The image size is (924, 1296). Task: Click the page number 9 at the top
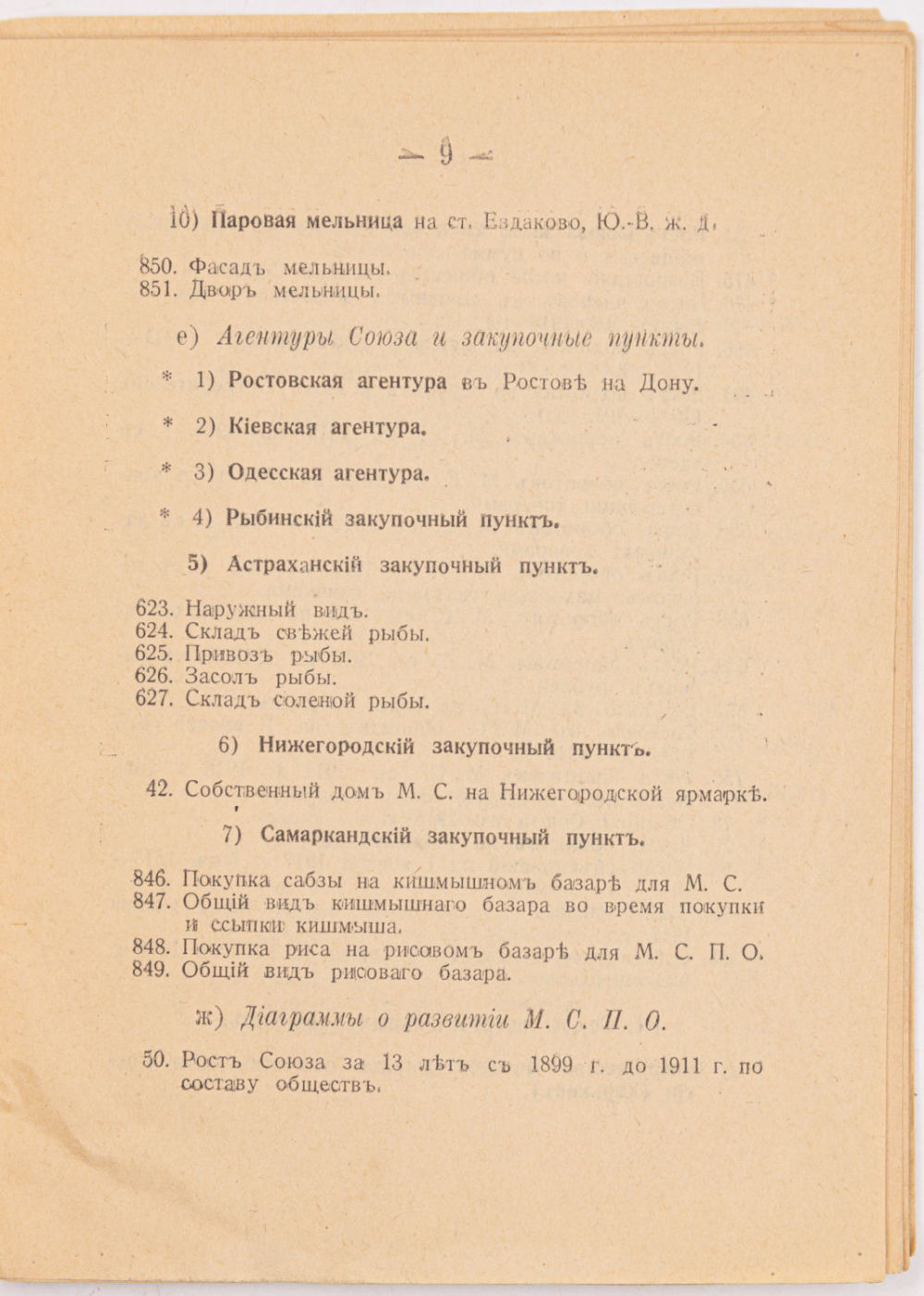coord(446,152)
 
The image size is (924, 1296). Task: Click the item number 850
coord(157,266)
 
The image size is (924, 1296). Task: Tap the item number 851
coord(157,289)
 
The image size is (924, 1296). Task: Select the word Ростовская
coord(286,381)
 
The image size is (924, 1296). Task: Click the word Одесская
coord(274,473)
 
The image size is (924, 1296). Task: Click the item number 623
coord(153,609)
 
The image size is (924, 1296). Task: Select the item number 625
coord(153,654)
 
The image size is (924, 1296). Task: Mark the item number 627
coord(153,699)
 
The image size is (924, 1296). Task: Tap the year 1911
coord(681,1065)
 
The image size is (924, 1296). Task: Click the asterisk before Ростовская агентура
coord(167,377)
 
